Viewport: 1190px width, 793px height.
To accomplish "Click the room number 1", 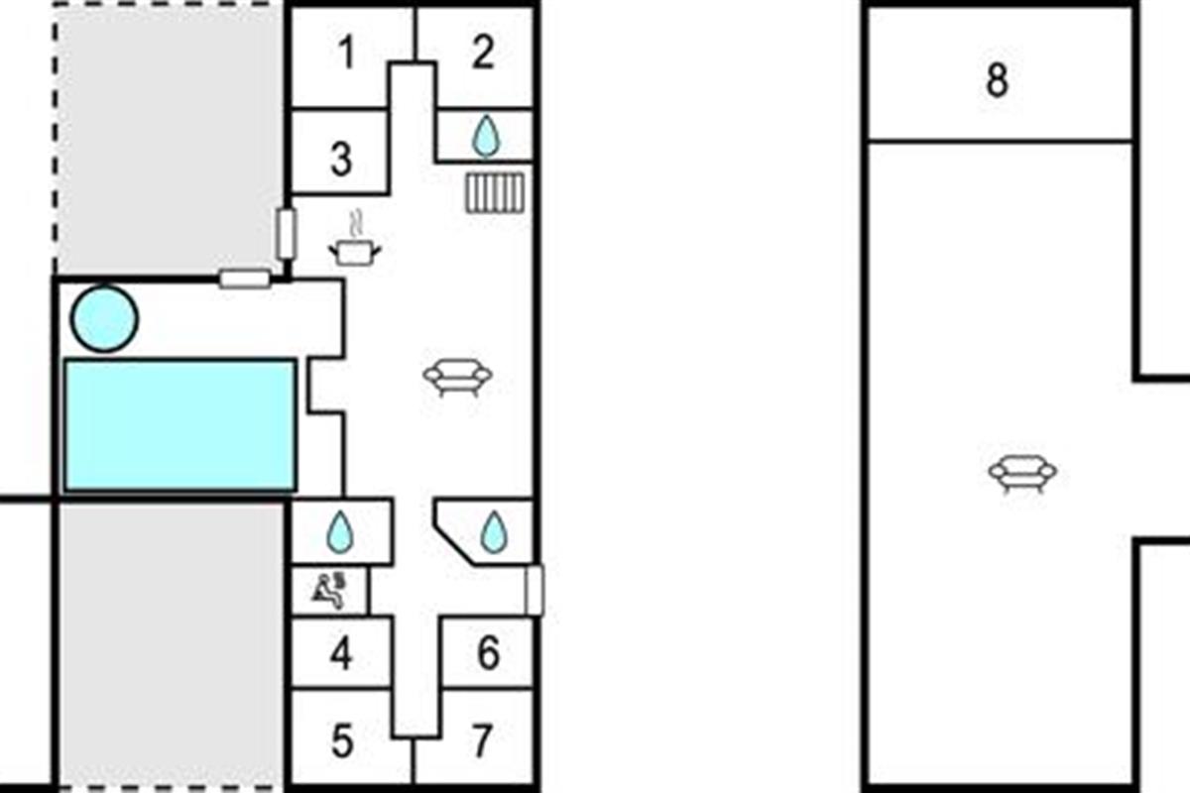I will coord(345,54).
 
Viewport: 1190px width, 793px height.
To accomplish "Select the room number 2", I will coord(482,53).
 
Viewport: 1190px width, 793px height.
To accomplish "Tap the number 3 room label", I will coord(341,159).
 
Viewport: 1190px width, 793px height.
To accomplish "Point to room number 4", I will coord(341,654).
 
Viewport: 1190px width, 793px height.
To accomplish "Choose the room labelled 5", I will coord(341,741).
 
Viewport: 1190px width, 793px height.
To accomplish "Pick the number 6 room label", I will coord(488,654).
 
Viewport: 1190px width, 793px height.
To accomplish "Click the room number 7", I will coord(482,741).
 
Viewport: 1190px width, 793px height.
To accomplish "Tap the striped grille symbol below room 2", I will coord(494,192).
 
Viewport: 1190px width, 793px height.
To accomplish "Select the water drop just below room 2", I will coord(485,136).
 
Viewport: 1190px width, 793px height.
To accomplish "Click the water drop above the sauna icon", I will coord(340,532).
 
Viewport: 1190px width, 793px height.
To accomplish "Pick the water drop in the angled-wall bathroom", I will coord(493,532).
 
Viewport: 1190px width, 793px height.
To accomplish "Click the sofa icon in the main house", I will coord(457,377).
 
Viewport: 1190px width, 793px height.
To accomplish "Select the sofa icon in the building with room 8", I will coord(1022,472).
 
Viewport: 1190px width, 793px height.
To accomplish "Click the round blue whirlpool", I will coord(104,318).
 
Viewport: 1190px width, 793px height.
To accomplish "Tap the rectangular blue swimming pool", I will coord(179,425).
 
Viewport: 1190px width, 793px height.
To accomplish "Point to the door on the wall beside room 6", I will coord(535,591).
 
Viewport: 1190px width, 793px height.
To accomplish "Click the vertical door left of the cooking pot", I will coord(287,234).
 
